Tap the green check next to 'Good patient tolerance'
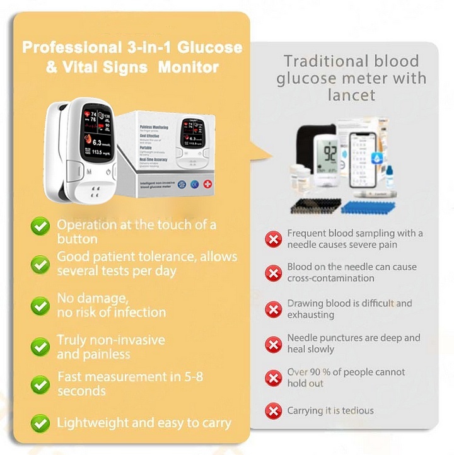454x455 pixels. click(41, 264)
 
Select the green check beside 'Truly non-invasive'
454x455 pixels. click(41, 346)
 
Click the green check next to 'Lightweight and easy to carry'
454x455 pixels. click(41, 422)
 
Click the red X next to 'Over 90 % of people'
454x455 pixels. click(273, 378)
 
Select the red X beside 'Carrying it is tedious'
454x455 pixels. click(273, 412)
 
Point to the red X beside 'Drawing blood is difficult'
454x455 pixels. click(273, 309)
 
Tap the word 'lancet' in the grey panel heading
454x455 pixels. click(351, 95)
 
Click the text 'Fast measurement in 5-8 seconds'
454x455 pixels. click(130, 384)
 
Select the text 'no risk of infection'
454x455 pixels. click(112, 313)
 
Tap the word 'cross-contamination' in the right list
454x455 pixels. click(330, 278)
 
